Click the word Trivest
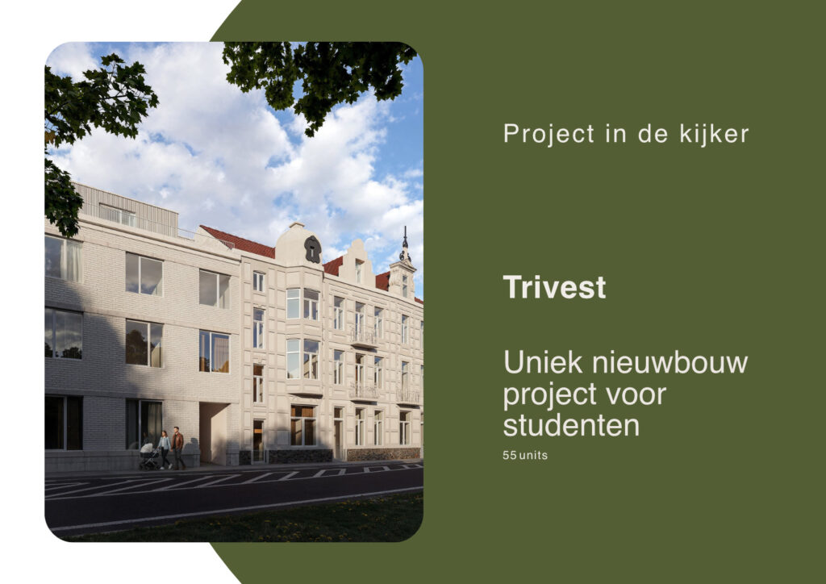pos(554,288)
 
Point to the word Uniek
pos(540,362)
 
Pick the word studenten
pos(571,424)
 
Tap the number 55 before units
pos(510,455)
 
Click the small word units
pos(533,455)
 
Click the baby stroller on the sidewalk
pos(149,457)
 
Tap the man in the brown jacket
pos(177,448)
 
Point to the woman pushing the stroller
pos(165,448)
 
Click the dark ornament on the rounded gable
pos(312,249)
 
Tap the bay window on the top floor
pos(302,303)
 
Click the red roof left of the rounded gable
pos(238,241)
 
